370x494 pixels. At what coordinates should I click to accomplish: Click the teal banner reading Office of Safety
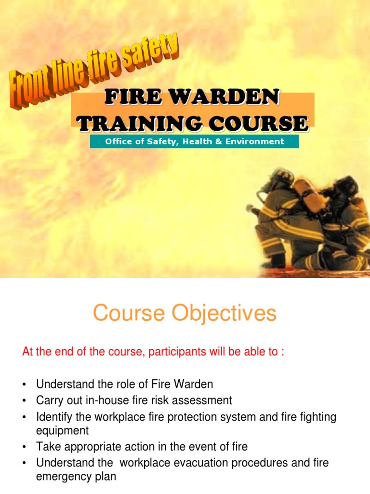pyautogui.click(x=194, y=141)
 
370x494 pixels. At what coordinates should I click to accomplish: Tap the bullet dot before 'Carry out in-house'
pyautogui.click(x=24, y=401)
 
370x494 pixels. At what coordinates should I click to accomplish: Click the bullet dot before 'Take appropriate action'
pyautogui.click(x=24, y=447)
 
